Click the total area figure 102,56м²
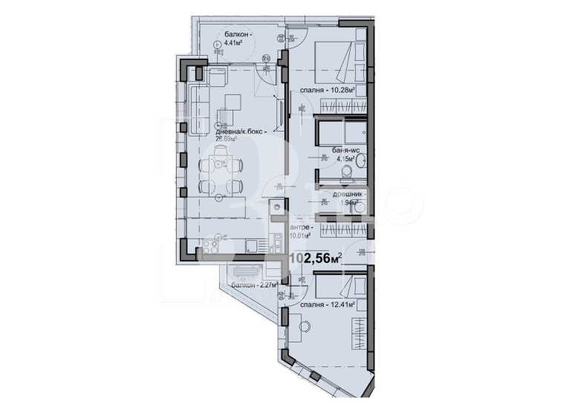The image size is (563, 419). click(x=315, y=259)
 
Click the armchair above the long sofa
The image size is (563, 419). click(x=218, y=77)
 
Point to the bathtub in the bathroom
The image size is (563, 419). click(x=339, y=136)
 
